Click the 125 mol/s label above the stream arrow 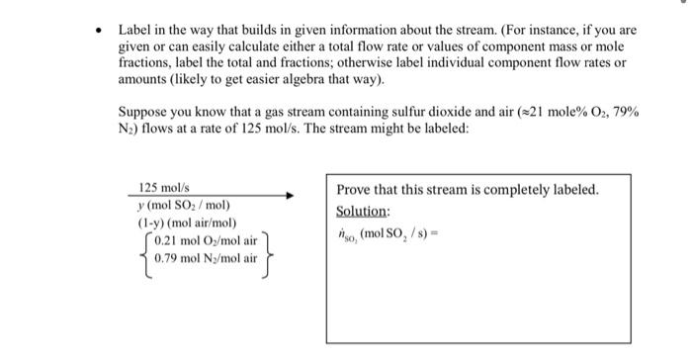pyautogui.click(x=158, y=187)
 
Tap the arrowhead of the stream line pyautogui.click(x=290, y=196)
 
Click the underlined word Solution pyautogui.click(x=363, y=212)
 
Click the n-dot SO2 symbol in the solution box pyautogui.click(x=347, y=234)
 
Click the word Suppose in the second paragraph pyautogui.click(x=142, y=114)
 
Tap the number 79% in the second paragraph pyautogui.click(x=626, y=114)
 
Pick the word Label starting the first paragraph pyautogui.click(x=134, y=31)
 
